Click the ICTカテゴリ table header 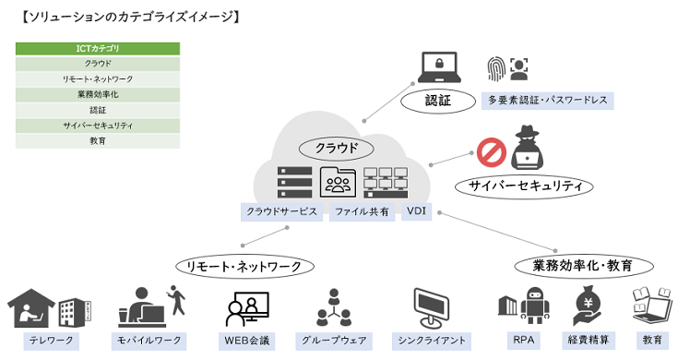pos(98,48)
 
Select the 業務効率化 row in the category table pos(98,94)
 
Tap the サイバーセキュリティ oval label pos(524,186)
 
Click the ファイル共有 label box pos(362,211)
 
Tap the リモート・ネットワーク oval pos(245,266)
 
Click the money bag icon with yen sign pos(588,306)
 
